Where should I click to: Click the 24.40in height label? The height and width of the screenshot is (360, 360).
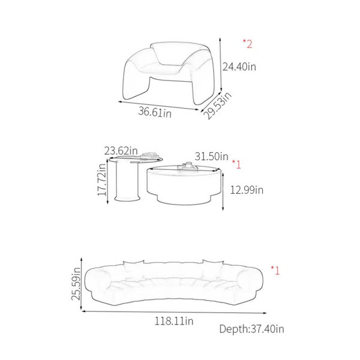tap(239, 67)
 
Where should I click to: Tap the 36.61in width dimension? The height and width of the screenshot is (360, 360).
tap(155, 112)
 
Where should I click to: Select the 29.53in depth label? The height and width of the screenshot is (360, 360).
tap(218, 105)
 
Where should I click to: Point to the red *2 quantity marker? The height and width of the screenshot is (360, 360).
tap(247, 44)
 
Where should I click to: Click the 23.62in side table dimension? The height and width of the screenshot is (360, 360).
tap(121, 151)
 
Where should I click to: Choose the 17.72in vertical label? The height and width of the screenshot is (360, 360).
tap(102, 179)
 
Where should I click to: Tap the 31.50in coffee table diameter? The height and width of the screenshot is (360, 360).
tap(211, 157)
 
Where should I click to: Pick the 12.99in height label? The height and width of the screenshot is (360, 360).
tap(247, 190)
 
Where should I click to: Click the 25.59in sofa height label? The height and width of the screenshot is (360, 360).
tap(76, 284)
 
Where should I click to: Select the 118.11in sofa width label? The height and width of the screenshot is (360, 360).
tap(174, 321)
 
